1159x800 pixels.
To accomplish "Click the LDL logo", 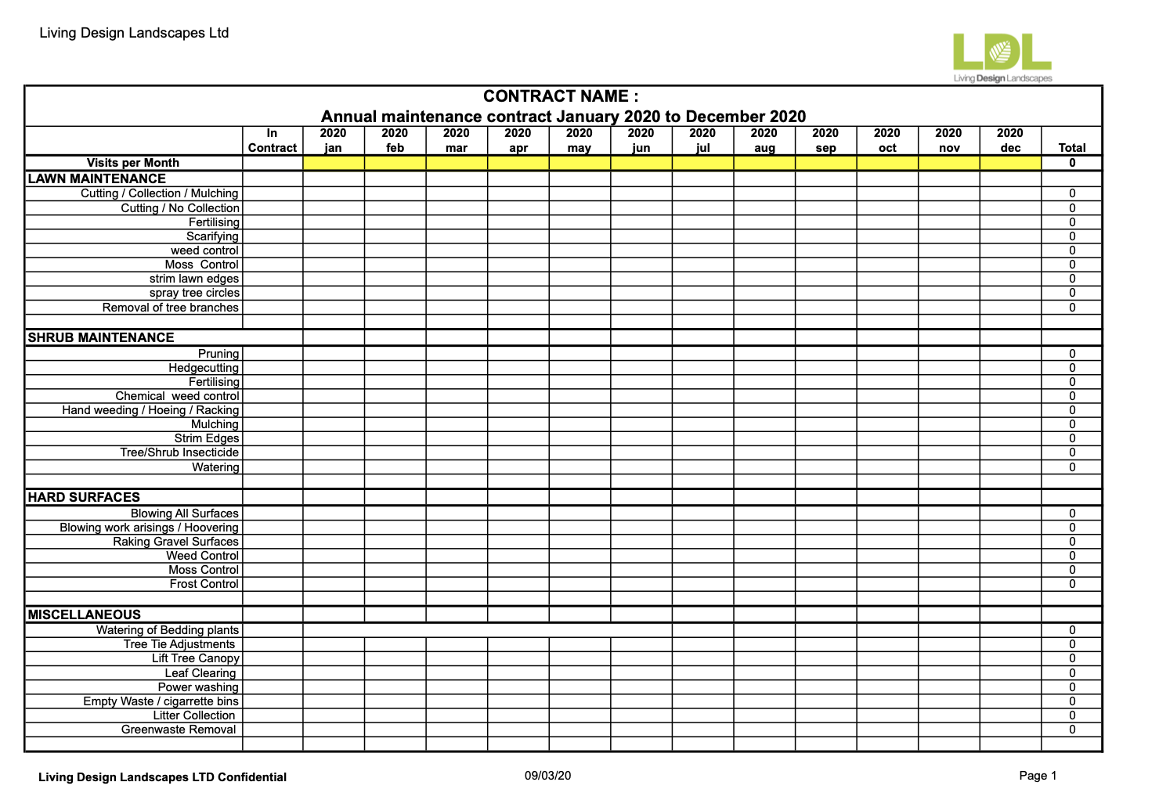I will coord(1002,56).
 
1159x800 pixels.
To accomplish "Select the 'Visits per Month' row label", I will coord(133,163).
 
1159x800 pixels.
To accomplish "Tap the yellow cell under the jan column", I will coord(334,163).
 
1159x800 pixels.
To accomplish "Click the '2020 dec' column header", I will coord(1010,140).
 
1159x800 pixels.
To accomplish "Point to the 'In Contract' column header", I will coord(273,140).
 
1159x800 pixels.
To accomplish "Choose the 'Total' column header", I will coord(1072,147).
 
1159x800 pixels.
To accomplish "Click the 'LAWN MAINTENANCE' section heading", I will coord(97,178).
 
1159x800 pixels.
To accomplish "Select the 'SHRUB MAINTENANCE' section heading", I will coord(101,337).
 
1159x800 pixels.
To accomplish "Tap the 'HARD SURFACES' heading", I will coord(84,497).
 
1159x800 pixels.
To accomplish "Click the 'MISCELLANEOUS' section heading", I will coord(85,614).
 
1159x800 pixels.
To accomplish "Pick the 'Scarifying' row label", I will coord(212,236).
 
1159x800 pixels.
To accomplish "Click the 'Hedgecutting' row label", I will coord(204,368).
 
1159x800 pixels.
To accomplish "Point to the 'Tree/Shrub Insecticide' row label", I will coord(179,452).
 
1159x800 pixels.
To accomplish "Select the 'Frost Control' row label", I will coord(204,584).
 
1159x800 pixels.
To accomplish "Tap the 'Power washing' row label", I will coord(198,687).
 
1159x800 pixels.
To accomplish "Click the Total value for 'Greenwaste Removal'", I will coord(1072,730).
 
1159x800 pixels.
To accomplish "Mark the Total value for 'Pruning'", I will coord(1072,354).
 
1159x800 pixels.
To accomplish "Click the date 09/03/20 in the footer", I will coord(547,776).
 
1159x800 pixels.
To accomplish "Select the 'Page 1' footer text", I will coord(1038,776).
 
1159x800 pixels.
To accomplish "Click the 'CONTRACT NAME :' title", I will coord(561,96).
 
